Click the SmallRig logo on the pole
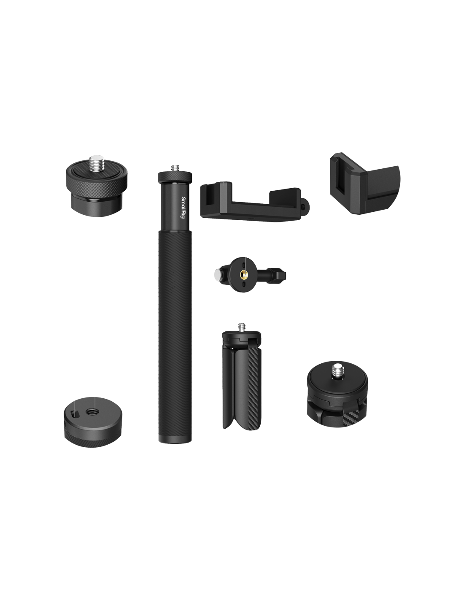tap(182, 207)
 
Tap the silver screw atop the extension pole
tap(175, 168)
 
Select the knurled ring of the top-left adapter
tap(97, 184)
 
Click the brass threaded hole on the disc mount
tap(243, 275)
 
